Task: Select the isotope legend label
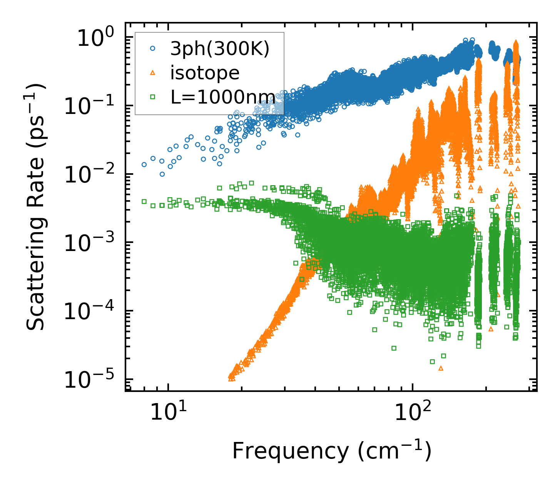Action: (205, 73)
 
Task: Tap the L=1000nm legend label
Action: (223, 97)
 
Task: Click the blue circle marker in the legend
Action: (153, 49)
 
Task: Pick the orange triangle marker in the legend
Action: (153, 73)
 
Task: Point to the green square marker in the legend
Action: (153, 97)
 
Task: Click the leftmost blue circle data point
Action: (144, 164)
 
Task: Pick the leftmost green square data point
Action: (144, 201)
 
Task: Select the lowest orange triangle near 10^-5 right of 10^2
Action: (441, 368)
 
